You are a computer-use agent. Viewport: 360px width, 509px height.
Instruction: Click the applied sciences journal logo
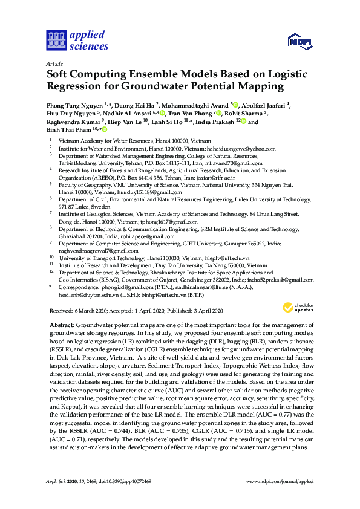click(x=77, y=40)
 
